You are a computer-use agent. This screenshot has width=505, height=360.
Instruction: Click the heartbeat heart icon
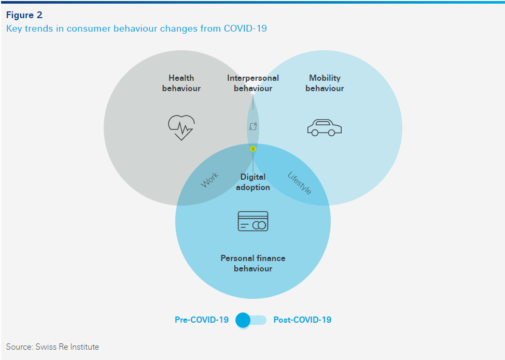(x=181, y=127)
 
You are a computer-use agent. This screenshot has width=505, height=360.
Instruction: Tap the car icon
(x=324, y=127)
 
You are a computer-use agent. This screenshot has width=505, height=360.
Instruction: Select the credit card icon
(x=253, y=221)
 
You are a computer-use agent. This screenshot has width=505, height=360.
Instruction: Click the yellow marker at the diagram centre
(x=253, y=149)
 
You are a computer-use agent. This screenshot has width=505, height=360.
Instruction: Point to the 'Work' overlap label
(x=209, y=180)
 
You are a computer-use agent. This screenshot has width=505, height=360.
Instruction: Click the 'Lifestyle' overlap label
(x=299, y=183)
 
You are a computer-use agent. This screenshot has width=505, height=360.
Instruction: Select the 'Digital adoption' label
(x=253, y=182)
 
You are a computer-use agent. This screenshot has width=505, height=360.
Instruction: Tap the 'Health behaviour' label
(x=181, y=83)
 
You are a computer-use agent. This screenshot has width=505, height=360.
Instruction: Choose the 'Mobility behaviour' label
(x=325, y=83)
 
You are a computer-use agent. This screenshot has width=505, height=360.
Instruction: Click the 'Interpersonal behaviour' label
(x=253, y=83)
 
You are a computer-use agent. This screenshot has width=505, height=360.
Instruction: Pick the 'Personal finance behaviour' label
(x=253, y=263)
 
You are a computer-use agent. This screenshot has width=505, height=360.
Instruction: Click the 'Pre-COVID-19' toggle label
(x=202, y=320)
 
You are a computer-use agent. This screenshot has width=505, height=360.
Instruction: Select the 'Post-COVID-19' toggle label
(x=302, y=320)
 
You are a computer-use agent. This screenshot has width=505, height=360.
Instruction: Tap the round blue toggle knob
(x=243, y=320)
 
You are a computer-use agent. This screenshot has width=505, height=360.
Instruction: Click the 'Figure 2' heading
(x=24, y=15)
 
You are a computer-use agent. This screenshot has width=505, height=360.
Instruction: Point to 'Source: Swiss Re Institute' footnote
(x=52, y=347)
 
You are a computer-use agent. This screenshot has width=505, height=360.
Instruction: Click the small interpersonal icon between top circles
(x=253, y=126)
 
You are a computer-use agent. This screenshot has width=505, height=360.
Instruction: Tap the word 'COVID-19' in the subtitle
(x=245, y=28)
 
